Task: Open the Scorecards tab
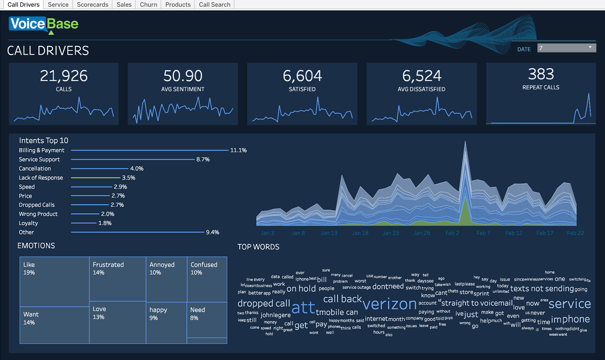point(92,5)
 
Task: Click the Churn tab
point(149,5)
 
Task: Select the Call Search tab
point(214,5)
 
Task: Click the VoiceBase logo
point(43,24)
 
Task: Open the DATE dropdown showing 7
point(567,48)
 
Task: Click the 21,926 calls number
point(64,76)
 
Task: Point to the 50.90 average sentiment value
point(182,76)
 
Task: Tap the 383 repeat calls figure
point(541,74)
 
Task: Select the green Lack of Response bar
point(95,178)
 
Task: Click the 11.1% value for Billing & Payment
point(238,150)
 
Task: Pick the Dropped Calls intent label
point(37,205)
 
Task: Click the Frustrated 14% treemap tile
point(117,278)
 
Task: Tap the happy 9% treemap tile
point(166,323)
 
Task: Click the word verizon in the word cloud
point(390,304)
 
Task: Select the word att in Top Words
point(303,307)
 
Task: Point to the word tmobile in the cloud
point(330,312)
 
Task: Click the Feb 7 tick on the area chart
point(483,233)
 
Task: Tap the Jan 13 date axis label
point(329,233)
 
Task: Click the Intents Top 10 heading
point(43,141)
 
